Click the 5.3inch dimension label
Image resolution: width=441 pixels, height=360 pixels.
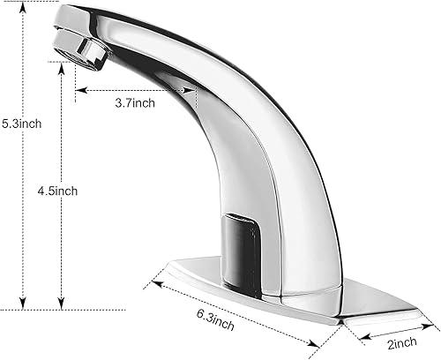tap(21, 124)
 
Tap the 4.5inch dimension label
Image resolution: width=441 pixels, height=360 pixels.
tap(57, 191)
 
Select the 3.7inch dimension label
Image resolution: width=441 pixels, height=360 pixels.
tap(135, 103)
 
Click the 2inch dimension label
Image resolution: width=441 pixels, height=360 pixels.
tap(402, 343)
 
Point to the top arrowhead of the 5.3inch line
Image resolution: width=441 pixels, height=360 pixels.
tap(23, 7)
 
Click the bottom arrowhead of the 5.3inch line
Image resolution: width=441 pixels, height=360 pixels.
tap(23, 304)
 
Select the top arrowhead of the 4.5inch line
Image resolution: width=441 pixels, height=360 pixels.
tap(61, 68)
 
